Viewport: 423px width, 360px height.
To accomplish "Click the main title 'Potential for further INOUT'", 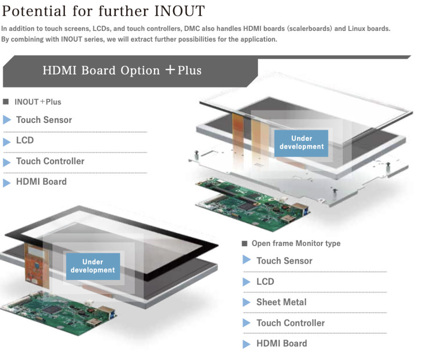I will [x=103, y=10].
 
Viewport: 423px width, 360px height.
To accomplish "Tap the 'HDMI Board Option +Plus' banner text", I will [x=122, y=71].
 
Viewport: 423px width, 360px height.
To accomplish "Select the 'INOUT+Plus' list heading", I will [x=38, y=102].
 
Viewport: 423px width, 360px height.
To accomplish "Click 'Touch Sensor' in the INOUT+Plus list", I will [x=44, y=120].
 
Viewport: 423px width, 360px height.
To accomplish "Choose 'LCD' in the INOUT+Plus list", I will [x=25, y=140].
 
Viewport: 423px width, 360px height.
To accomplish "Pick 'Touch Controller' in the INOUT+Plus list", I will [x=50, y=161].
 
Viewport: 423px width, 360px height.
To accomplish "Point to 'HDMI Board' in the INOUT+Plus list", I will [x=41, y=181].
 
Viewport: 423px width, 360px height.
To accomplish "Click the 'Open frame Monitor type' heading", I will [x=296, y=243].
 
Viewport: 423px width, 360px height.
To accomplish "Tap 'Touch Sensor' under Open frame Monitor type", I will [x=284, y=261].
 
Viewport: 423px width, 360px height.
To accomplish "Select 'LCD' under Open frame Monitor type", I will [x=265, y=281].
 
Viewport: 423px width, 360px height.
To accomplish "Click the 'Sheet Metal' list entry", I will [x=281, y=302].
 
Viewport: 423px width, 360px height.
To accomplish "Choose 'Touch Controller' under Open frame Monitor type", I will [x=290, y=323].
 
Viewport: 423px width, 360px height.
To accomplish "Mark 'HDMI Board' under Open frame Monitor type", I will [x=281, y=343].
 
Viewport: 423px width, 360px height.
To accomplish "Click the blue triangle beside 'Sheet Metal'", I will [x=247, y=302].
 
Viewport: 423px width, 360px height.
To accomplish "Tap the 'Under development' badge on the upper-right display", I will [x=301, y=143].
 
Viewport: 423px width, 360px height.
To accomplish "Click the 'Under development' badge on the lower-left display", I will [x=93, y=266].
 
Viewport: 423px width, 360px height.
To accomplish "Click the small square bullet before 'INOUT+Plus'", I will [x=6, y=102].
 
